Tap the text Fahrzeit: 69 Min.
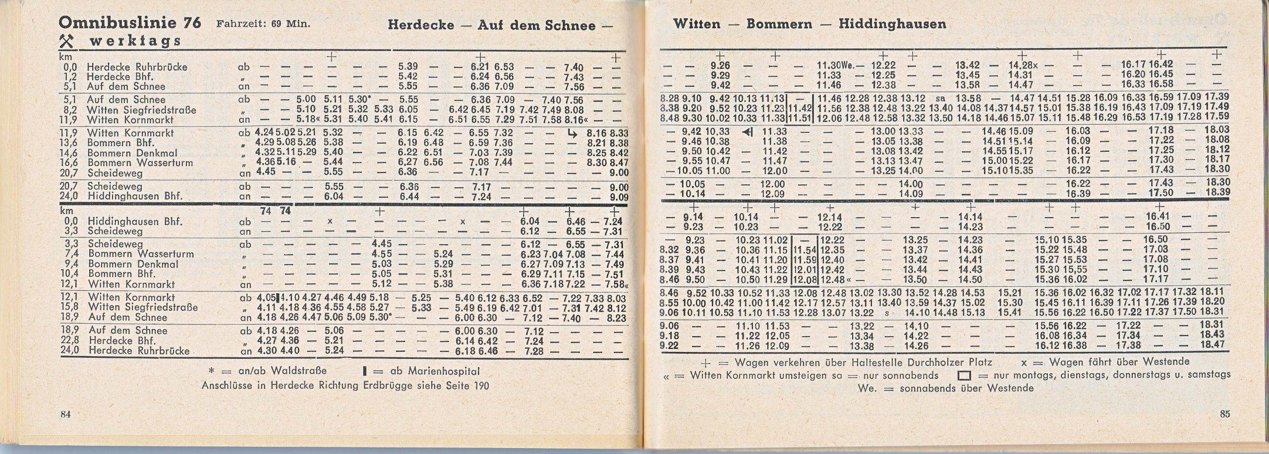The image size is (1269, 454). [263, 24]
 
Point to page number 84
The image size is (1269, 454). [65, 414]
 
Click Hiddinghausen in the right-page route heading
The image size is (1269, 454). [892, 24]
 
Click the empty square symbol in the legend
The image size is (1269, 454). [964, 376]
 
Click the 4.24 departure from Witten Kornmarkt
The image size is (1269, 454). [265, 133]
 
